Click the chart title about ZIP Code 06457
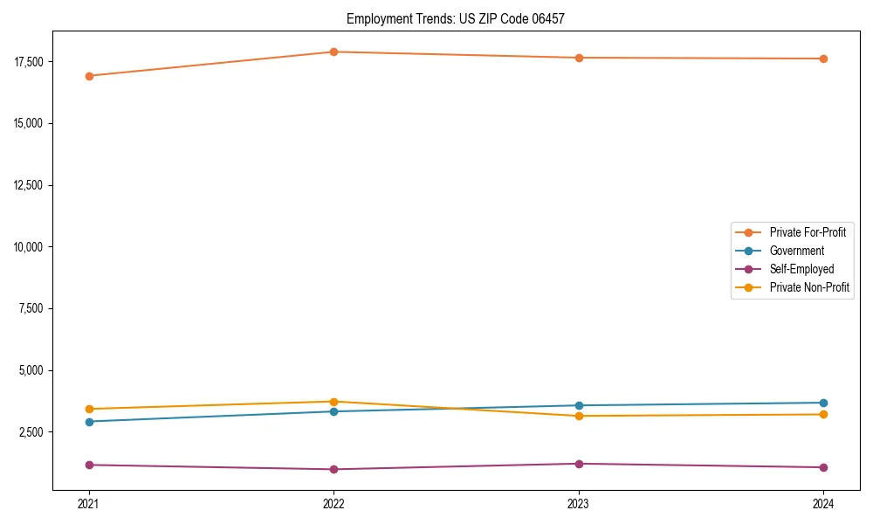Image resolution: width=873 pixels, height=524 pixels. click(456, 18)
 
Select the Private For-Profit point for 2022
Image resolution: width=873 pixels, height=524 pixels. click(333, 52)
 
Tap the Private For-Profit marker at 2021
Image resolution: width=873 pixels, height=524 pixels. click(88, 76)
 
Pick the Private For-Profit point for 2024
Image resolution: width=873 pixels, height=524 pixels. click(823, 59)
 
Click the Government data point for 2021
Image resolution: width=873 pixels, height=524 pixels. click(88, 422)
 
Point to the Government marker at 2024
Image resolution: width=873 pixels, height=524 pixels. click(823, 403)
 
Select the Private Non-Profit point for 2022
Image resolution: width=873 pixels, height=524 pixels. click(333, 402)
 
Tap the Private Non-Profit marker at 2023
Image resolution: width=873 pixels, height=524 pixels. click(578, 416)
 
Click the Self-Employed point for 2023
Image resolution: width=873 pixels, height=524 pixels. click(578, 464)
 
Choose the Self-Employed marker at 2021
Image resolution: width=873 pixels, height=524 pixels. click(88, 465)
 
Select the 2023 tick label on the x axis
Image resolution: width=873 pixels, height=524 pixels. click(578, 503)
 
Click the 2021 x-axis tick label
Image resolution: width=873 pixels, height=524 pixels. click(88, 503)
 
